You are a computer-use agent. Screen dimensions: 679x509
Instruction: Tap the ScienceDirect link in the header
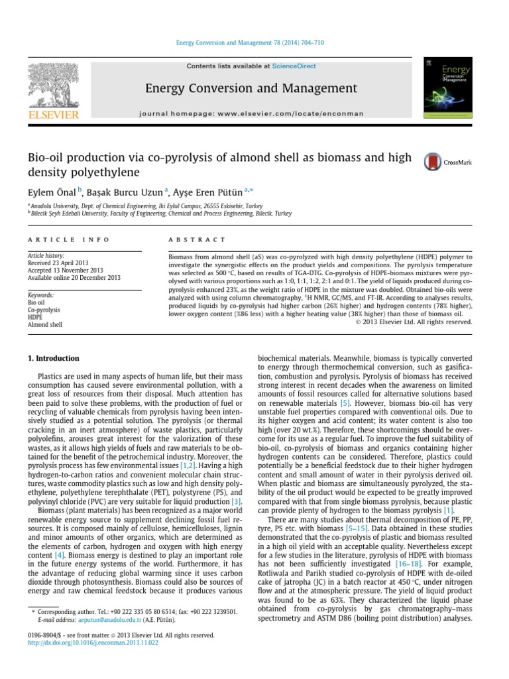(290, 66)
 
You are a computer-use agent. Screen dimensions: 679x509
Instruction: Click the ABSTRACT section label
(197, 239)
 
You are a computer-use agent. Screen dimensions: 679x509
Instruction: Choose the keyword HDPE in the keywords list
(36, 318)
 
